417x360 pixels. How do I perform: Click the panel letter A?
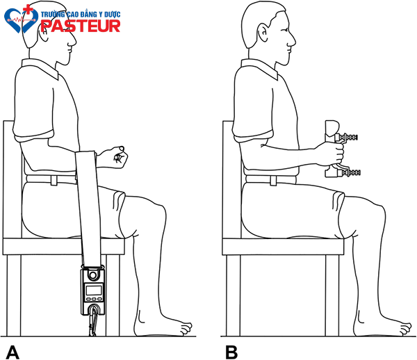tap(13, 352)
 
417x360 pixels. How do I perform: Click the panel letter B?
tap(231, 352)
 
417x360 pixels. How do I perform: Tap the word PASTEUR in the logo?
tap(81, 26)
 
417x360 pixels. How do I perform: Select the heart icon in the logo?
tap(22, 19)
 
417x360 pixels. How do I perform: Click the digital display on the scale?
tap(93, 290)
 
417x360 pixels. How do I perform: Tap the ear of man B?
tap(263, 33)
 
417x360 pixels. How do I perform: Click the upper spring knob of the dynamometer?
tap(347, 137)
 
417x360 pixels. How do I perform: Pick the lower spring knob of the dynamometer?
tap(349, 172)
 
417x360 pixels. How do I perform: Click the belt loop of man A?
tap(54, 180)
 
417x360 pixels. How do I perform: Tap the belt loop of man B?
tap(273, 181)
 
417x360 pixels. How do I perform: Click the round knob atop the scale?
tap(92, 275)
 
